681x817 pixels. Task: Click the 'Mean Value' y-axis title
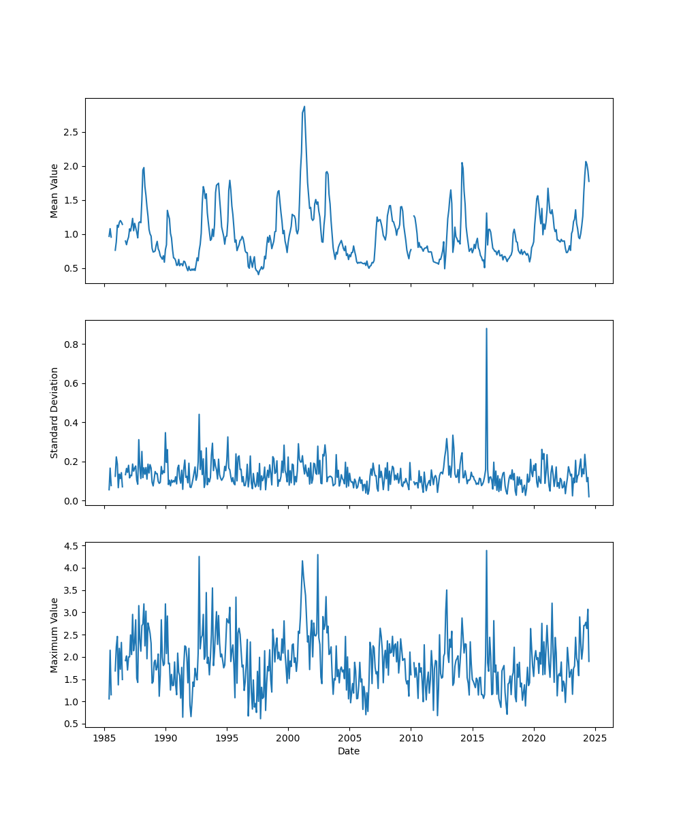click(54, 191)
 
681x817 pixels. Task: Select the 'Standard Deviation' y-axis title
click(54, 413)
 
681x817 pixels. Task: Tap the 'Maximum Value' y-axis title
click(54, 635)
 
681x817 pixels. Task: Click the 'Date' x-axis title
click(349, 751)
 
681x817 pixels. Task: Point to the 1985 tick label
click(104, 738)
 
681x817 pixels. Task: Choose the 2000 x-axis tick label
click(288, 738)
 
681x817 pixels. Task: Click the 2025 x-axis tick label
click(595, 738)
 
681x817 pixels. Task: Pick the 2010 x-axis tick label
click(411, 738)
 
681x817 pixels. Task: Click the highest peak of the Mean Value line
click(304, 106)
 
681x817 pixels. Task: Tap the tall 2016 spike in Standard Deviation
click(486, 328)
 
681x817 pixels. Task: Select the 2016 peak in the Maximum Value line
click(486, 551)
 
